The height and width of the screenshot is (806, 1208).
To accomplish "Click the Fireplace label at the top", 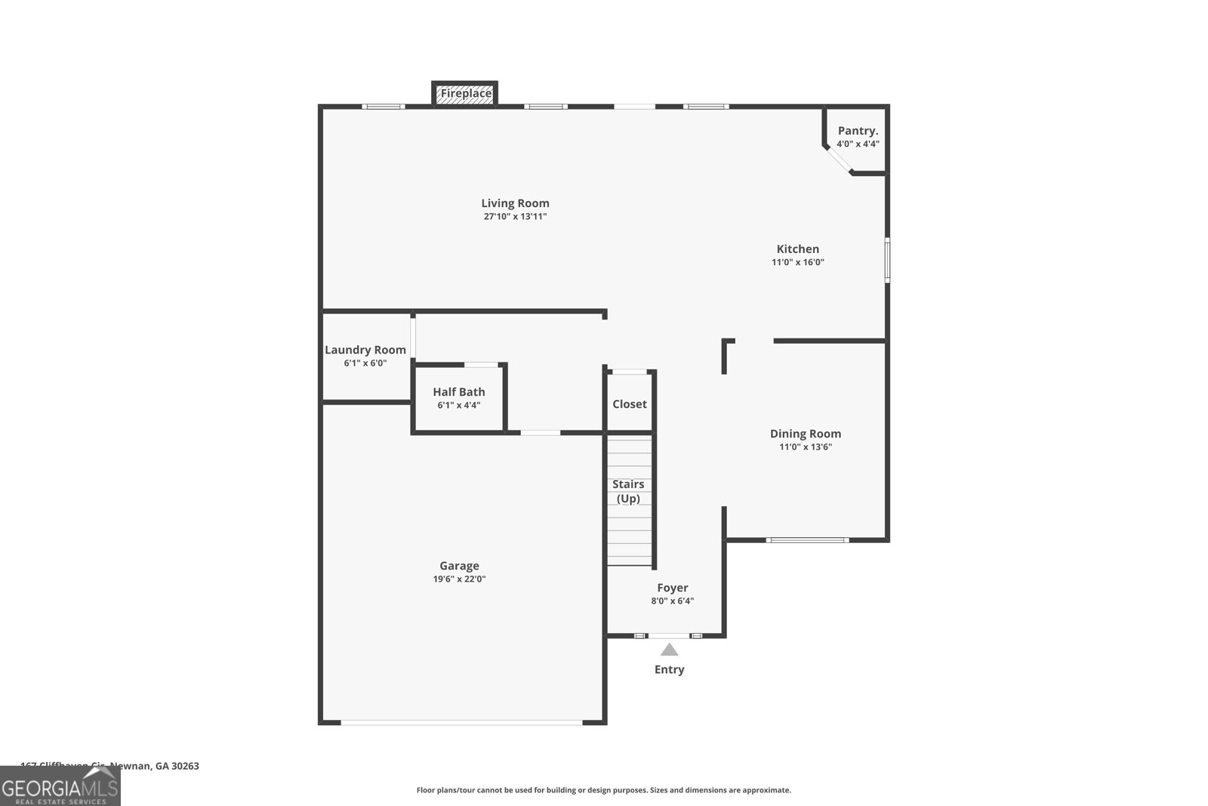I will tap(466, 94).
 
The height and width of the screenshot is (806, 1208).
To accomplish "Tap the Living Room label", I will tap(515, 203).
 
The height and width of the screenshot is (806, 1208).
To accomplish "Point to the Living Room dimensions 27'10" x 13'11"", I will tap(515, 217).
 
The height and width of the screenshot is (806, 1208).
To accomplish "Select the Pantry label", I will tap(858, 131).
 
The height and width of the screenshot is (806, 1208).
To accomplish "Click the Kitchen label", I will tap(797, 249).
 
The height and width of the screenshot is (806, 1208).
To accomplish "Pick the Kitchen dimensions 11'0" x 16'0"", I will tap(797, 263).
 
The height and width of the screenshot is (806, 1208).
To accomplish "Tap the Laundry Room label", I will tap(365, 350).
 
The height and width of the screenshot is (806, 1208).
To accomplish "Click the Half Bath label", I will tap(458, 392).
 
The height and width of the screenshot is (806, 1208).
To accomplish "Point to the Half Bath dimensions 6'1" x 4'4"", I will tap(458, 406).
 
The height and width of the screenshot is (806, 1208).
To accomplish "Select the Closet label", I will tap(629, 404).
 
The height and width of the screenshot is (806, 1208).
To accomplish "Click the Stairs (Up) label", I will tap(628, 491).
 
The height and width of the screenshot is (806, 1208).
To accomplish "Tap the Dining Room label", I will tap(805, 434).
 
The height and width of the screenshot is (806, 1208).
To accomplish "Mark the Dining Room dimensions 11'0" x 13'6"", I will tap(805, 447).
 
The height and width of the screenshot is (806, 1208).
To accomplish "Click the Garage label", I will tap(459, 566).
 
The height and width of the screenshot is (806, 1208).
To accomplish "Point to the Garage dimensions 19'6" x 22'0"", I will tap(459, 579).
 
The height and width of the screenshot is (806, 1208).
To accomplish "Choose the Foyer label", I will tap(672, 588).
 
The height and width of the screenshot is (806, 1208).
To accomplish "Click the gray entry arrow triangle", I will tap(669, 650).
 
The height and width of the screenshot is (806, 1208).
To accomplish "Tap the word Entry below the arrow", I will tap(669, 669).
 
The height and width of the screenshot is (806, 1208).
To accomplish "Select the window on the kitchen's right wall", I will tap(887, 260).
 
